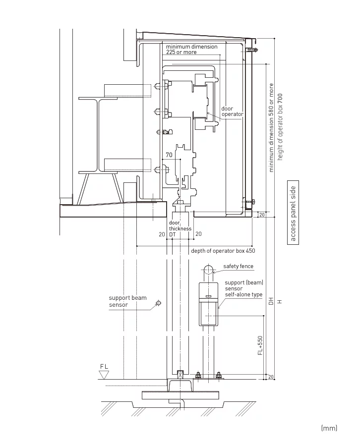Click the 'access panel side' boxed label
[293, 214]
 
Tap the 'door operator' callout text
[232, 111]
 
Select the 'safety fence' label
[238, 267]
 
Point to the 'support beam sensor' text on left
[127, 301]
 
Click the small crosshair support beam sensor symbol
[158, 303]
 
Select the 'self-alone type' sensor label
[243, 294]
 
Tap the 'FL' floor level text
[104, 366]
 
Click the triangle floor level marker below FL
[104, 375]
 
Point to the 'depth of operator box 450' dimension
[223, 251]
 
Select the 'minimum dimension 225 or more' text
[191, 49]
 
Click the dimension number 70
[169, 155]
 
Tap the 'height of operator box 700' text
[280, 126]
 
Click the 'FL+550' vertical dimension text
[260, 345]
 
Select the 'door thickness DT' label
[180, 228]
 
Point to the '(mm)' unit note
[329, 428]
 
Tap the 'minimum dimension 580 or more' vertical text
[271, 127]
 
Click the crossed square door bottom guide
[180, 373]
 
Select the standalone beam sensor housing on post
[208, 303]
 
